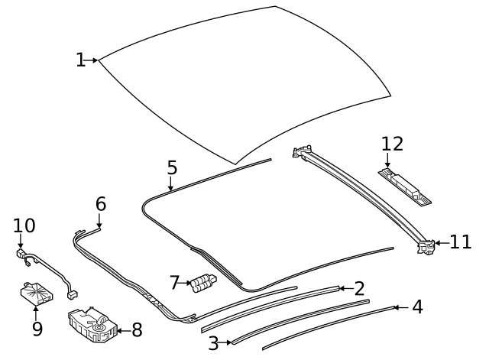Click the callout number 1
[81, 60]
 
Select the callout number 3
[213, 343]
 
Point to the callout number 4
[416, 307]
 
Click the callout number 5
[172, 167]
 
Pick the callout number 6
[101, 204]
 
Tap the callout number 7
[175, 284]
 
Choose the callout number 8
[137, 330]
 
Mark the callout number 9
[37, 329]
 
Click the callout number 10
[24, 225]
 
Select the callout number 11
[461, 242]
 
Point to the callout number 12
[392, 144]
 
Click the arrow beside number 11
[441, 243]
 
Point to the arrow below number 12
[387, 162]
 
